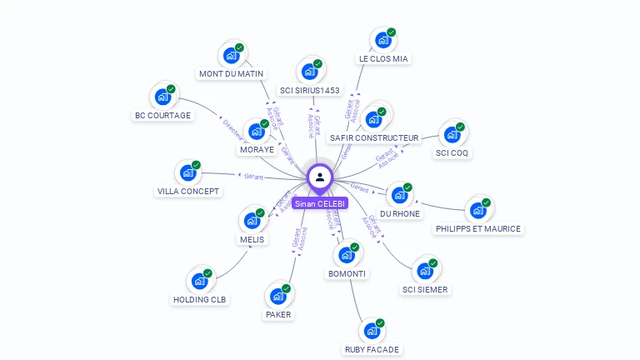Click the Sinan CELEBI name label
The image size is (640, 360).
coord(319,203)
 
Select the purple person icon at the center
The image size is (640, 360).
coord(320,177)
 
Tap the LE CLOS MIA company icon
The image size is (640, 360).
coord(382,39)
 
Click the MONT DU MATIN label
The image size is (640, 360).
coord(231,73)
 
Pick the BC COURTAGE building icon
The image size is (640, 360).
coord(162,97)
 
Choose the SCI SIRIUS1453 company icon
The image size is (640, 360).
coord(309,71)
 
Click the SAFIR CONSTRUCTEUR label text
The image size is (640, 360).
coord(374,137)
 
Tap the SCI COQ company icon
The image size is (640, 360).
coord(452,134)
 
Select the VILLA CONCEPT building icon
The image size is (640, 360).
coord(188,172)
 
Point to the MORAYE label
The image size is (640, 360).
coord(257,150)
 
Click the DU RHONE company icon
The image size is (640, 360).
coord(399,195)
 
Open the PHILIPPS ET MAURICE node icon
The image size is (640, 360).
coord(477,210)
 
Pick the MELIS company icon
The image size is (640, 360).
coord(251,221)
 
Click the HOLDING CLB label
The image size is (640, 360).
coord(200,299)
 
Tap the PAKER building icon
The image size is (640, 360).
coord(277,296)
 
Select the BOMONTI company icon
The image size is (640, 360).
coord(346,255)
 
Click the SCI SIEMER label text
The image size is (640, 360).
coord(425,290)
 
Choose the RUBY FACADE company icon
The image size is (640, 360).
coord(372,331)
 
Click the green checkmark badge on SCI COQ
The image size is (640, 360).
coord(460,127)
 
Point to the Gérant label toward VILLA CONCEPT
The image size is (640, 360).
coord(253,177)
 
